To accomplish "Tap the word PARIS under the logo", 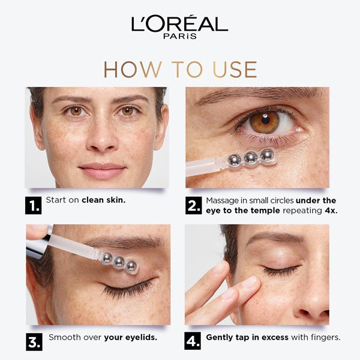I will pos(179,37).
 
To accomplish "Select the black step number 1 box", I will pos(33,206).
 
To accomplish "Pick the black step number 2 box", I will pos(193,206).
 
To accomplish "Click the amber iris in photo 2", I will pos(265,122).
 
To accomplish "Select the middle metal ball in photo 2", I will pos(251,158).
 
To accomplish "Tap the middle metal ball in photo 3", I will pos(119,262).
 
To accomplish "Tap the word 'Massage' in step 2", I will pos(223,200).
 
